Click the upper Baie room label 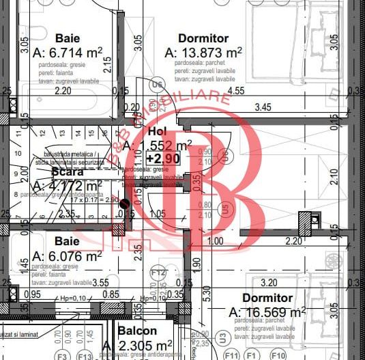pos(68,38)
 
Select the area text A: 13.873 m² pos(203,53)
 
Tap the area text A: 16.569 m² pos(267,312)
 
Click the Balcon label pos(137,331)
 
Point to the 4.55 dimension pos(236,90)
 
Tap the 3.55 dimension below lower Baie pos(101,281)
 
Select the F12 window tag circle pos(158,275)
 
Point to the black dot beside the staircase pos(124,202)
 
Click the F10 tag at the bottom pos(278,356)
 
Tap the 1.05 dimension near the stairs pos(158,214)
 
